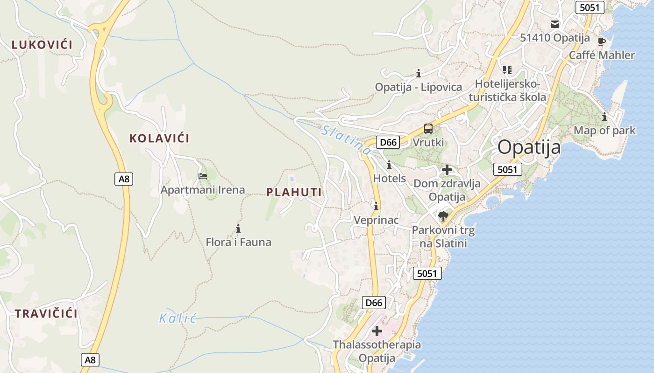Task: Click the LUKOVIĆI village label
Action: [42, 45]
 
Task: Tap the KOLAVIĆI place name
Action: [159, 138]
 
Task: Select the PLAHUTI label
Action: [294, 192]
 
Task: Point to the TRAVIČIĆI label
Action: [46, 314]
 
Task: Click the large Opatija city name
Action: [529, 147]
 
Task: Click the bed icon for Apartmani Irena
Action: [203, 176]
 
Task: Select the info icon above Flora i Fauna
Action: [238, 228]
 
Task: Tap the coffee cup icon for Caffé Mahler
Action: [602, 41]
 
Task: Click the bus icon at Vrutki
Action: [428, 129]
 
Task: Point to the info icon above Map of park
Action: [604, 117]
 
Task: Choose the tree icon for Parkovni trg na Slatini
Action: [443, 216]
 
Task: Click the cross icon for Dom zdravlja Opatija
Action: [447, 170]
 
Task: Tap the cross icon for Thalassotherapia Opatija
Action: [377, 331]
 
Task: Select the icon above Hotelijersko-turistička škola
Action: [507, 70]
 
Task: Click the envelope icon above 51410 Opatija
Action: [555, 24]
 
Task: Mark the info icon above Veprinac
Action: [376, 206]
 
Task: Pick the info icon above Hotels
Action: [389, 165]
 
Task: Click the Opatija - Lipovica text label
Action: [419, 87]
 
